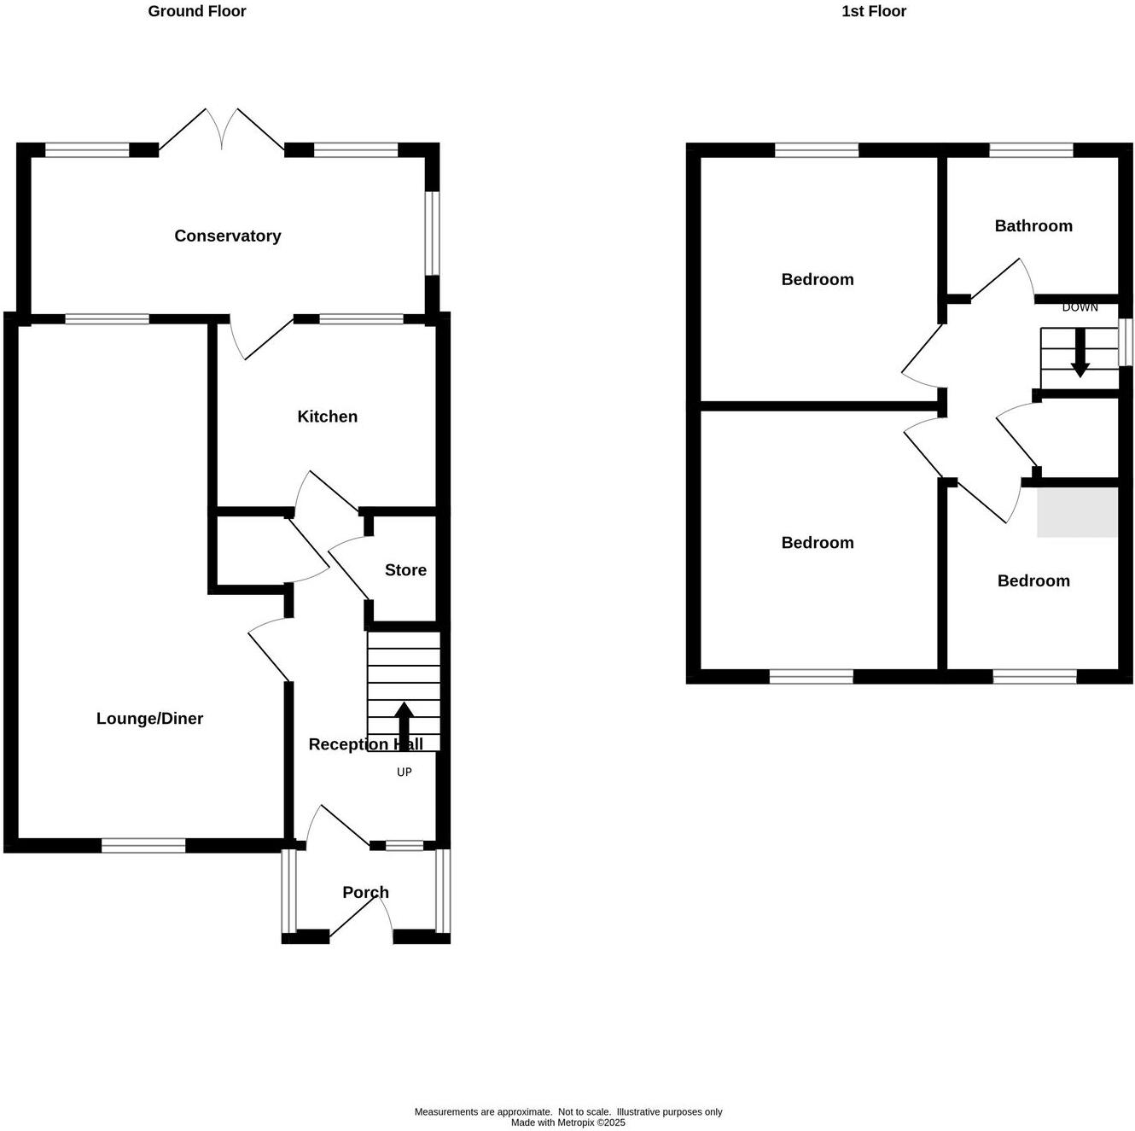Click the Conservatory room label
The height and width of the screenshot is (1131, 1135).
(x=227, y=236)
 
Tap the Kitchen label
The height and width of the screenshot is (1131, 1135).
(x=327, y=417)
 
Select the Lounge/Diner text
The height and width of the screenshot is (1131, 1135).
(x=149, y=719)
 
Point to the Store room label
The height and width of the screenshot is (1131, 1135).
(x=405, y=570)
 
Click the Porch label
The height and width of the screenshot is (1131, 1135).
(x=365, y=893)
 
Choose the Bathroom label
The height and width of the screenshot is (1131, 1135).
(x=1033, y=226)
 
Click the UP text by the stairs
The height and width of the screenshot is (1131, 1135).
(x=405, y=772)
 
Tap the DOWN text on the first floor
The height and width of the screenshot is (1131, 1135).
(x=1080, y=307)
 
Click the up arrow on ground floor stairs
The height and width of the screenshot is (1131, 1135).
(x=405, y=726)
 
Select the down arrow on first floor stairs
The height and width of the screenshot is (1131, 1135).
(x=1080, y=352)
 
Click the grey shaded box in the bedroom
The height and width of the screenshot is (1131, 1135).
(x=1077, y=511)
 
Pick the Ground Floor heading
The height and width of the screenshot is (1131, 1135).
(x=197, y=11)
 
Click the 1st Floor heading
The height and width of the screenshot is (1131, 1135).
(x=874, y=11)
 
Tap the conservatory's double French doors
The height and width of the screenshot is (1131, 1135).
(x=222, y=130)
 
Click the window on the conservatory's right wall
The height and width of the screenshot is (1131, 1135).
(x=433, y=233)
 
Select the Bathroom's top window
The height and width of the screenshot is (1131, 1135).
(x=1031, y=151)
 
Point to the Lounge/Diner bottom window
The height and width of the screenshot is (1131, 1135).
(x=143, y=846)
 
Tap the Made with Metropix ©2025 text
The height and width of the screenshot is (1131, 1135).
(x=567, y=1122)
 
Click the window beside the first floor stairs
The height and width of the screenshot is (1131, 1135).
(x=1126, y=342)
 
